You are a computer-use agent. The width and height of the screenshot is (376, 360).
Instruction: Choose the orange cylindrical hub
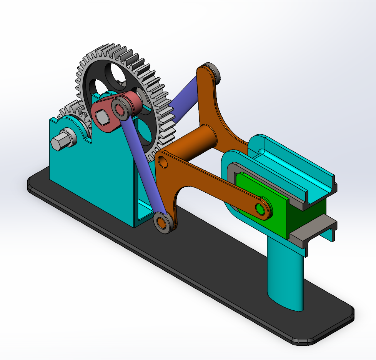pos(196,142)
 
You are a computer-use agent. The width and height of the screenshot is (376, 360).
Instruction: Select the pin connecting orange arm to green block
pos(261,209)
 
